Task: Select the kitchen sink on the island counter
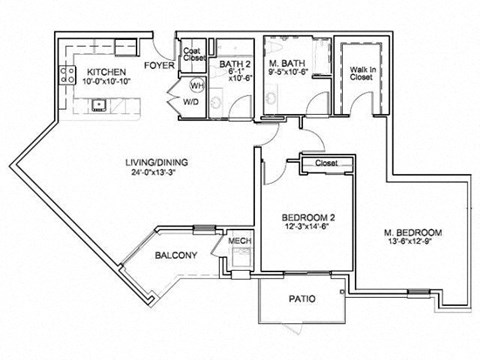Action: pyautogui.click(x=101, y=104)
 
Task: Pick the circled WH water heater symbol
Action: pyautogui.click(x=196, y=87)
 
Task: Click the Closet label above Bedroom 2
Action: pyautogui.click(x=325, y=163)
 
